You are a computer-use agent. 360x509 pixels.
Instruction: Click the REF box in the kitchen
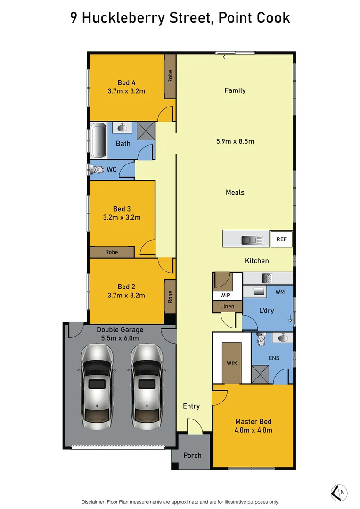(281, 239)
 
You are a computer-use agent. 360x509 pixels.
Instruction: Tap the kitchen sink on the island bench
(252, 240)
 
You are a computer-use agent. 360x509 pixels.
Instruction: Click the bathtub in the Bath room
(99, 140)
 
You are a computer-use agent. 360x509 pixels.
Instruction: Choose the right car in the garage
(147, 386)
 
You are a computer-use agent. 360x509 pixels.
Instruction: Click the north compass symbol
(339, 493)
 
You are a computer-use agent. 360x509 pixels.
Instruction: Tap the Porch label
(192, 455)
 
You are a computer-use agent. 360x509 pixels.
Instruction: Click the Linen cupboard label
(227, 307)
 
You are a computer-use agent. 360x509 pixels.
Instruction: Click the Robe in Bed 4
(170, 76)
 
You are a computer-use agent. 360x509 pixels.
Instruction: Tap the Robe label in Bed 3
(112, 252)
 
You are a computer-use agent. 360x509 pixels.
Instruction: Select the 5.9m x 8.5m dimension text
(235, 141)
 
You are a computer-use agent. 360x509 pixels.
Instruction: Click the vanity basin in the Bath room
(123, 127)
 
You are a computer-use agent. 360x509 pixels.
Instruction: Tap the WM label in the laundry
(280, 292)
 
